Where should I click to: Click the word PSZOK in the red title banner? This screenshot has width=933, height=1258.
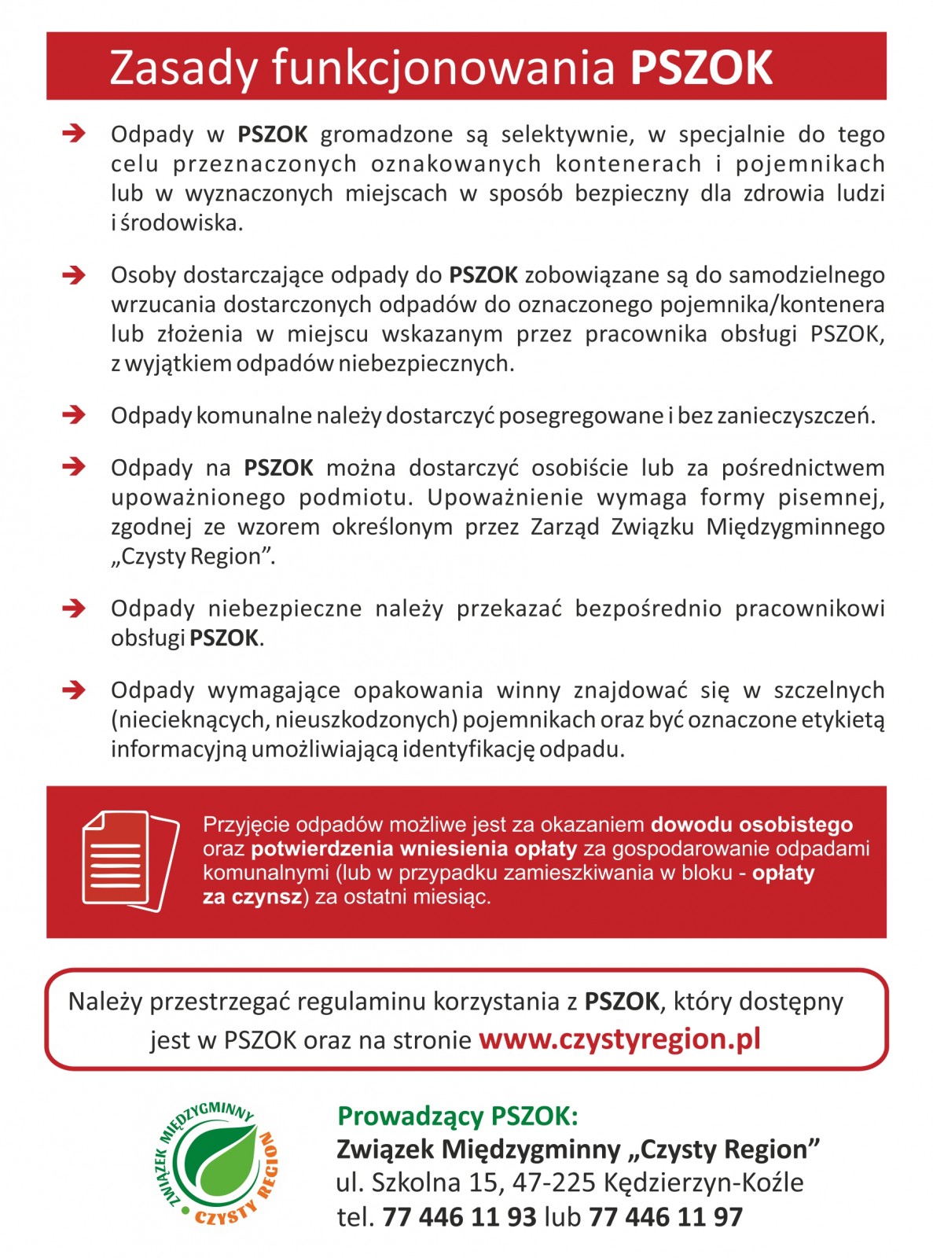coord(701,68)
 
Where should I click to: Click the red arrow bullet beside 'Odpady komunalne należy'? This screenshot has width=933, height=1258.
coord(74,414)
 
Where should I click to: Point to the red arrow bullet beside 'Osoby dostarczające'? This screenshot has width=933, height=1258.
coord(74,275)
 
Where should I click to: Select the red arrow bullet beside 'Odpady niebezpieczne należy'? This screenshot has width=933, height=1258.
coord(74,608)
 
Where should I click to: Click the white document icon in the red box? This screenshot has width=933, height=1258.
coord(130,861)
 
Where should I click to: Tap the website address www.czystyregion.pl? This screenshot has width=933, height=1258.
coord(619,1039)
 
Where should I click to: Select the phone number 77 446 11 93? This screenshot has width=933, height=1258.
coord(459,1217)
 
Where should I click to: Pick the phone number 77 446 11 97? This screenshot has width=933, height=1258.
coord(665,1217)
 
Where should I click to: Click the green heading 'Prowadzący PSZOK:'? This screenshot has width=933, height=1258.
coord(457,1116)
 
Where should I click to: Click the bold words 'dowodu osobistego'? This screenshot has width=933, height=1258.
coord(751,825)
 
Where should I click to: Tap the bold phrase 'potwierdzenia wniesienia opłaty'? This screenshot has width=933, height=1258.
coord(413,848)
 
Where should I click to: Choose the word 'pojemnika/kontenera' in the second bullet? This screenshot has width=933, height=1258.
coord(772,304)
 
